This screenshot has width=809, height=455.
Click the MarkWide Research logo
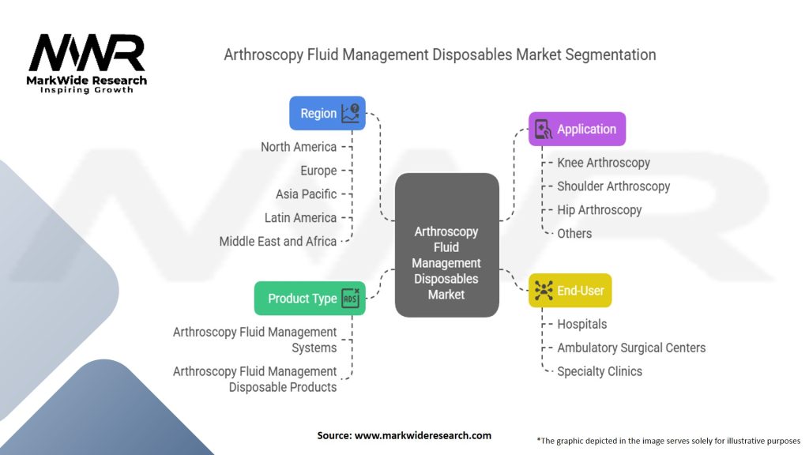coord(87,63)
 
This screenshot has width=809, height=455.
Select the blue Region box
coord(327,113)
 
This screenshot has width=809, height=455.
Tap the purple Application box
coord(577,130)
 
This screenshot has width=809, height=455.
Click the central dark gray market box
coord(446,245)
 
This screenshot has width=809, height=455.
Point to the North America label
coord(299,147)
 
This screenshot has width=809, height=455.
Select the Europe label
coord(318,171)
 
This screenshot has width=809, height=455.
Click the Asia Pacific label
coord(306,194)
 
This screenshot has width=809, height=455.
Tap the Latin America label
coord(300,218)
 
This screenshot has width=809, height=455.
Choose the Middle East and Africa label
coord(278,242)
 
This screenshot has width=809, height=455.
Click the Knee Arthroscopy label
coord(604,163)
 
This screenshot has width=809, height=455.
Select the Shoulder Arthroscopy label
coord(613,186)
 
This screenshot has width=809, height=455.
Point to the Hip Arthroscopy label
coord(599,210)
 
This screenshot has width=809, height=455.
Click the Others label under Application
coord(574,234)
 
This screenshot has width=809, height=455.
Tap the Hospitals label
coord(581,324)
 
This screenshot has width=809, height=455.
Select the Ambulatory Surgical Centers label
coord(631,348)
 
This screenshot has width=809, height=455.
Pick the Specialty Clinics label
coord(600,371)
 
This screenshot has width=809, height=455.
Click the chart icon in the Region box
coord(350,113)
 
